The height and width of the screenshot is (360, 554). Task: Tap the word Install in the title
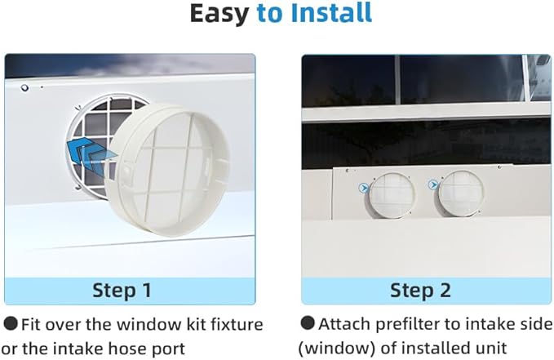click(333, 14)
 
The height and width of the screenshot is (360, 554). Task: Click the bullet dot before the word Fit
click(11, 323)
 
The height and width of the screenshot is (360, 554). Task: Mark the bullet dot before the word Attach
click(308, 323)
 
